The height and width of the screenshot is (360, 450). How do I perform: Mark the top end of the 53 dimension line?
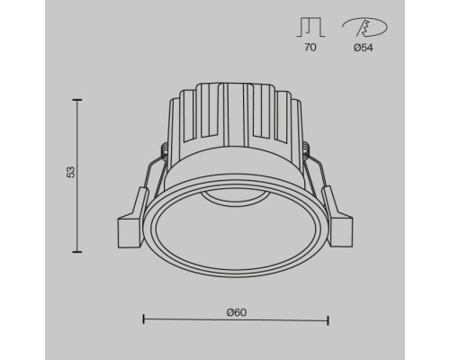click(x=77, y=101)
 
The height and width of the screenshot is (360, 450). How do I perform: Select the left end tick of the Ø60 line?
click(x=144, y=319)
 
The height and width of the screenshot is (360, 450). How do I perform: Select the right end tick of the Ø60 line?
click(x=328, y=319)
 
